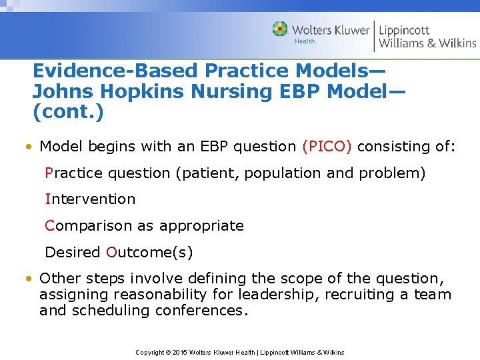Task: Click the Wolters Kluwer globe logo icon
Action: [x=280, y=29]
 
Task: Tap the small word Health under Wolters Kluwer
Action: [x=304, y=41]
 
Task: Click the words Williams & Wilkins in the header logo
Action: [x=427, y=43]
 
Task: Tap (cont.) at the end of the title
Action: [x=68, y=113]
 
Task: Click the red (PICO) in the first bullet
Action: [x=327, y=146]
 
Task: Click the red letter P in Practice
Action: [x=49, y=173]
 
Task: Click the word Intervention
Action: [x=90, y=199]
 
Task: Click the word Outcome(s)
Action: [x=149, y=253]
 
